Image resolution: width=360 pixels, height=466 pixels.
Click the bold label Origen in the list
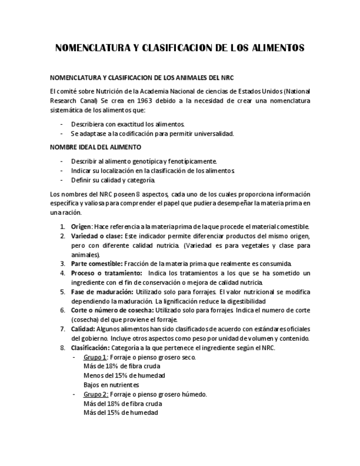point(81,226)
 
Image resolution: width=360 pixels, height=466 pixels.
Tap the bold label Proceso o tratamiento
point(102,273)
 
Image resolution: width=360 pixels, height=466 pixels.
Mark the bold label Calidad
point(82,329)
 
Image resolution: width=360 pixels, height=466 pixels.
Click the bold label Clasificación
point(90,348)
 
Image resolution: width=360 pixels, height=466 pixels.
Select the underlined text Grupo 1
point(95,357)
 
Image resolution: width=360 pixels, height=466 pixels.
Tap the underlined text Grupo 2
point(95,394)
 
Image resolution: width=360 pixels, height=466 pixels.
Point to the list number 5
point(63,292)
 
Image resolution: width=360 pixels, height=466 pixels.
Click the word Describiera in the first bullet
point(88,124)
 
